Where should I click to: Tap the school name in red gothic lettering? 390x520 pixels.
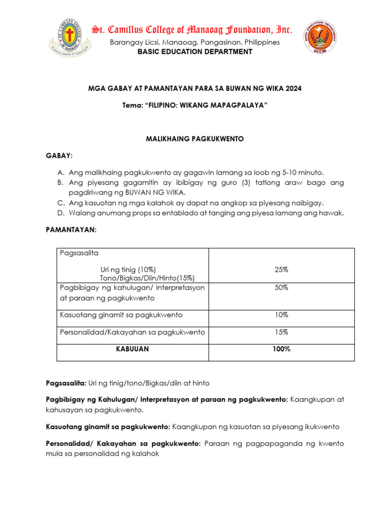(192, 29)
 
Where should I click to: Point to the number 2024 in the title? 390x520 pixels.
(293, 88)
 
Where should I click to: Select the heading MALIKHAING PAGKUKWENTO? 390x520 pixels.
(195, 139)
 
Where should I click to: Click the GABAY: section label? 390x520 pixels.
(59, 154)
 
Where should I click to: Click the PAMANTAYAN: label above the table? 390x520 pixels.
(71, 230)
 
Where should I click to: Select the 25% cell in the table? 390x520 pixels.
(281, 269)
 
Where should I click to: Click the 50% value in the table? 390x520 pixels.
(281, 287)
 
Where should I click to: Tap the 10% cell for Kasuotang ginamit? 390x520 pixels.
(281, 315)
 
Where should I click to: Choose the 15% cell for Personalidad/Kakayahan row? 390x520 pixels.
(281, 332)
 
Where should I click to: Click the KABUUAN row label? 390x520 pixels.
(132, 349)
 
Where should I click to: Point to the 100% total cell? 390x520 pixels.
(281, 349)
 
